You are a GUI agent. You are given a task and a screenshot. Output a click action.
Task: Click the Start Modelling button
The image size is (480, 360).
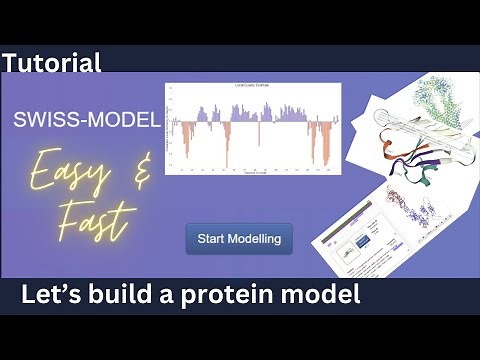pyautogui.click(x=239, y=238)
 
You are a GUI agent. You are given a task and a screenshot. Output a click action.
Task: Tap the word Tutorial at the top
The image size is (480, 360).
pyautogui.click(x=52, y=63)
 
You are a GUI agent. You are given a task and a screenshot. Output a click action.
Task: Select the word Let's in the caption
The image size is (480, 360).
pyautogui.click(x=53, y=296)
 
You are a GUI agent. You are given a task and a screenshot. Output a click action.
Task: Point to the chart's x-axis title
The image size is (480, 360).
pyautogui.click(x=252, y=173)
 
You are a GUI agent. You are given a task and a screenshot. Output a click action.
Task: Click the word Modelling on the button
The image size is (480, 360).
pyautogui.click(x=256, y=238)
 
